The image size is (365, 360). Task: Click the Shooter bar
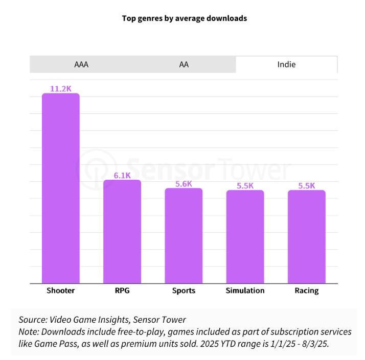60,188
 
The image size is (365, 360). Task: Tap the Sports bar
184,235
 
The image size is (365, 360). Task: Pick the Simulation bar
245,236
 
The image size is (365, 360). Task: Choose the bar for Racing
306,236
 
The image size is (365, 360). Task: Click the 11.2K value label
60,89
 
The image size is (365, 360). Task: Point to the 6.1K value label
122,175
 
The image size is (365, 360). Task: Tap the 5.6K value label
184,184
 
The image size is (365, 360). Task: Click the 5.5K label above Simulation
245,186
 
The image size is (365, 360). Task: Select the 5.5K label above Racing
306,186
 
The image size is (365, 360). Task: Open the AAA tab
81,64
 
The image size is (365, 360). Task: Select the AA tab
184,64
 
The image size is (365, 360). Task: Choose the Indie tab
286,64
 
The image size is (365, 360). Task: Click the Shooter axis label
60,291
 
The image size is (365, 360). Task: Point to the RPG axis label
122,291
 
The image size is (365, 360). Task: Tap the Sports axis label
184,291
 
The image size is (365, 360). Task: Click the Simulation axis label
245,291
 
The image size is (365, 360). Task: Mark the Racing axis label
306,291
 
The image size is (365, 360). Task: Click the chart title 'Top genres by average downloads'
184,18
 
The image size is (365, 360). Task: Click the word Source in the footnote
32,320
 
